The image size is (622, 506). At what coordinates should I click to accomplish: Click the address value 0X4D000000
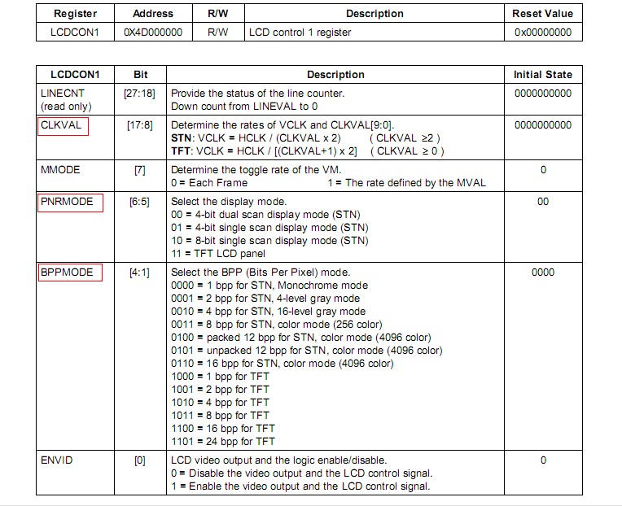pos(152,33)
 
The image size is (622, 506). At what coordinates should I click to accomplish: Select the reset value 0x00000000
pos(543,33)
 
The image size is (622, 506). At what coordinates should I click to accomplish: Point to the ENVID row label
pos(56,460)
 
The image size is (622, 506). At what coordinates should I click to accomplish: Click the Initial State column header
pos(543,74)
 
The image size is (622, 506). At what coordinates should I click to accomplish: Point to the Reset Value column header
pos(543,13)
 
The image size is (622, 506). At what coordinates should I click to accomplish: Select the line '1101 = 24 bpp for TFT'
pos(223,442)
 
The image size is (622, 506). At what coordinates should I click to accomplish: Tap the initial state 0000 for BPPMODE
pos(543,273)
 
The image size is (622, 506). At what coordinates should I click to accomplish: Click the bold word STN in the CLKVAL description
pos(182,139)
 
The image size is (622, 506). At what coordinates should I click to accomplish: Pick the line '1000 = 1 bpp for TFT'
pos(220,377)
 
